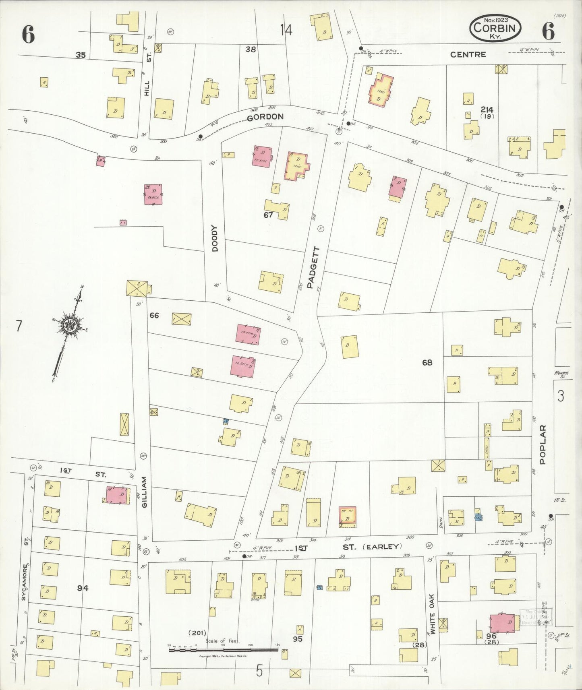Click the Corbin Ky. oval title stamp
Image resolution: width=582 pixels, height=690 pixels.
tap(495, 28)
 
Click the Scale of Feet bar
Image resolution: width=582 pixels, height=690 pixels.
tap(223, 648)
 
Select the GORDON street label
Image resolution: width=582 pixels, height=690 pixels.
tap(265, 117)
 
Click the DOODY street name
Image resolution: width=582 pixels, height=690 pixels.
tap(215, 238)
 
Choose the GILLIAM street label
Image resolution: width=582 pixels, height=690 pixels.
tap(145, 492)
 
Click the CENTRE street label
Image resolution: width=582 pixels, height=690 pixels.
tap(468, 54)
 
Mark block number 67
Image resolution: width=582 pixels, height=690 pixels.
tap(268, 215)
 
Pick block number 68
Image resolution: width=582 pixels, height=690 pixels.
tap(427, 362)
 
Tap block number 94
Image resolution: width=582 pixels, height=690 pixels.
tap(83, 588)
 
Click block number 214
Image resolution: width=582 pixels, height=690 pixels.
tap(487, 109)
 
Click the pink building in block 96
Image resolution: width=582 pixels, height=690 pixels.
tap(502, 624)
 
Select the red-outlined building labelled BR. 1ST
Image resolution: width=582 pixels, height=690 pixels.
tap(347, 516)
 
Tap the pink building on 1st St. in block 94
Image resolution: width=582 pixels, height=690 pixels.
tap(118, 495)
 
